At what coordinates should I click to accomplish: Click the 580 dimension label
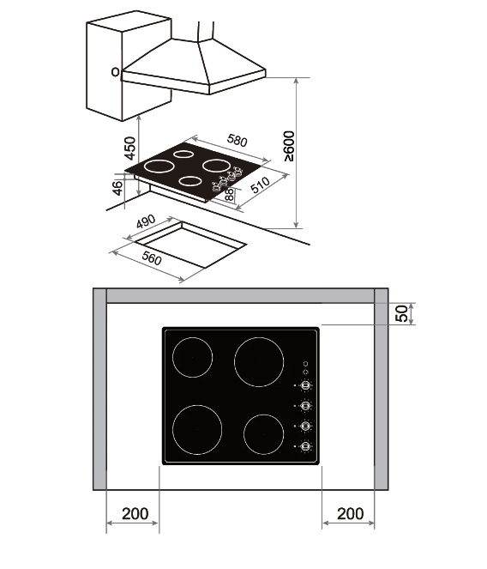237,141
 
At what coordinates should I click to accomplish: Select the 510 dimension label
260,185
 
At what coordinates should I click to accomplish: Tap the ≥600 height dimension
290,146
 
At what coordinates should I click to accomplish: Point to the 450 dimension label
129,148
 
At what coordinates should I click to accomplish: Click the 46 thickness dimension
117,188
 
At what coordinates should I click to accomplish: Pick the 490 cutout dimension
146,221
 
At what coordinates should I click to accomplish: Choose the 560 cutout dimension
152,258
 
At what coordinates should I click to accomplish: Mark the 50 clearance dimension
402,313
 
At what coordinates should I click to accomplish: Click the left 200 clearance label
135,513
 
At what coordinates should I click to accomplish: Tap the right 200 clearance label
351,513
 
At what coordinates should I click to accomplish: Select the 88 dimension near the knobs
229,195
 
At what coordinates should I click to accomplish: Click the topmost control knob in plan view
306,385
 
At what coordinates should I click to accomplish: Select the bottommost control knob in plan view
306,446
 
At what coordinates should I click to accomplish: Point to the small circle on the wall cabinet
115,72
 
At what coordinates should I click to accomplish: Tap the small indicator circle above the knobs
306,364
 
